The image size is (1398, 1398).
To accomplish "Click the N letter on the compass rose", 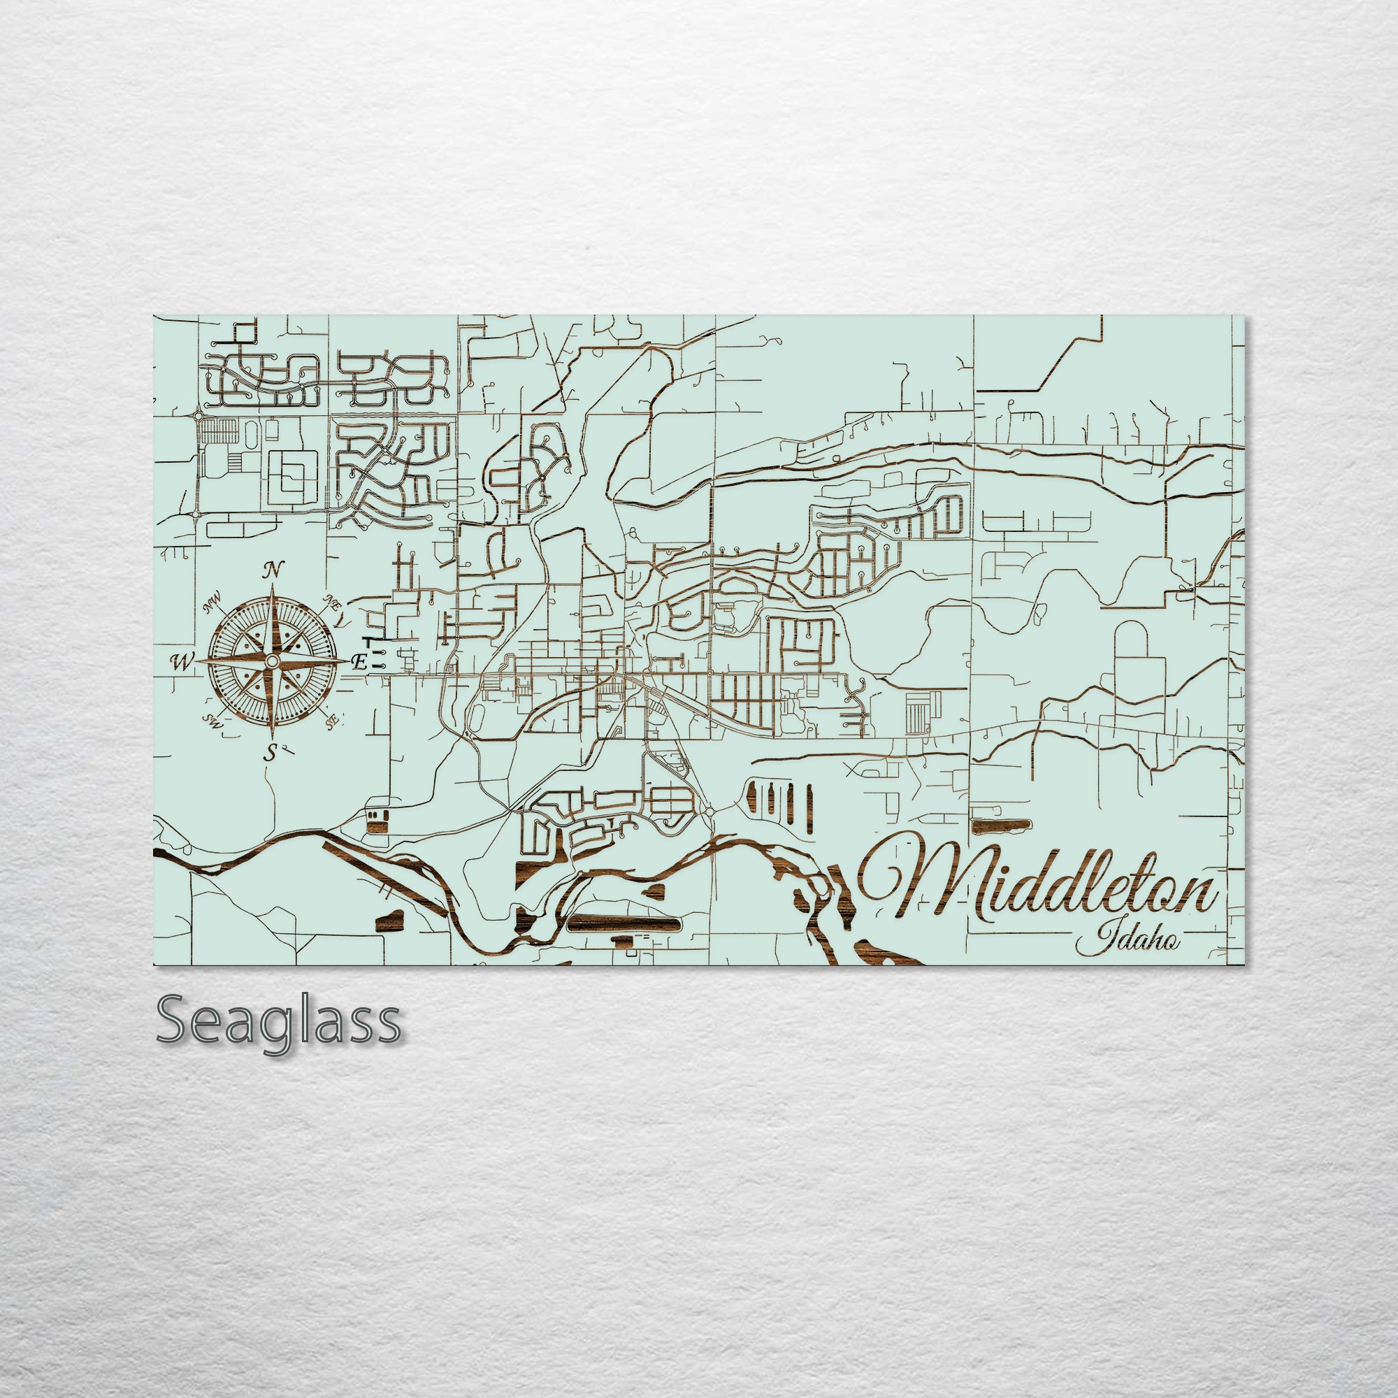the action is tap(273, 570).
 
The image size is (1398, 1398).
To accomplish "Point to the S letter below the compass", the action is tap(271, 753).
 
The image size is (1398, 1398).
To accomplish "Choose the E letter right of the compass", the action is tap(358, 661).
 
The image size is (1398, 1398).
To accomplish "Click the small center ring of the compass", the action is tap(271, 661).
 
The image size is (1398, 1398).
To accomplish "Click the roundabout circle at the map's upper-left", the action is tap(199, 417).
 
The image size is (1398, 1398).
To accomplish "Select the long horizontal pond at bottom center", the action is tap(625, 923).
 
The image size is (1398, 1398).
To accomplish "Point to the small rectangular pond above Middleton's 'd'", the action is tap(1002, 824).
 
